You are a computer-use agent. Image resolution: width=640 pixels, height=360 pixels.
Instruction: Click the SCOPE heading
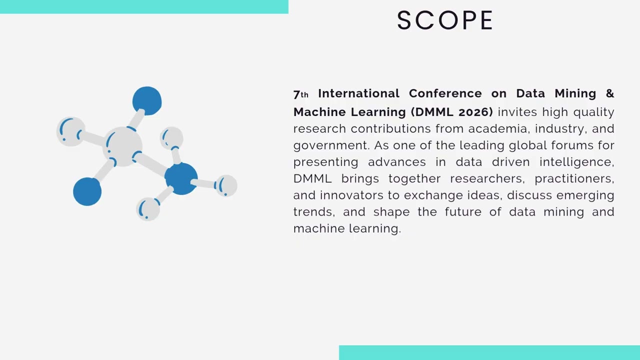[445, 21]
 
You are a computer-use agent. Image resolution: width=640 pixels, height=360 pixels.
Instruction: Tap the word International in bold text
[358, 93]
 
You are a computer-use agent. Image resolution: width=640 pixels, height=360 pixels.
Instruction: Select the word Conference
[445, 93]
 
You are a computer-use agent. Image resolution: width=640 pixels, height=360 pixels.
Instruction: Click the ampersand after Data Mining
[609, 93]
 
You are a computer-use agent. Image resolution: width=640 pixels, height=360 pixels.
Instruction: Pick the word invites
[517, 112]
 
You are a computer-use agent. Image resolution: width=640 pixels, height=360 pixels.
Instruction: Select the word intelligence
[576, 162]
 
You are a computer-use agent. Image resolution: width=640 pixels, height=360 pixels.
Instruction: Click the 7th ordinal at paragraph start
[300, 94]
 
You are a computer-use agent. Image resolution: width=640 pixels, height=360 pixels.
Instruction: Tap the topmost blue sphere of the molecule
[147, 100]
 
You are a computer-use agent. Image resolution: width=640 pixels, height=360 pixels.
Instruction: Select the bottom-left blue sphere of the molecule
[87, 191]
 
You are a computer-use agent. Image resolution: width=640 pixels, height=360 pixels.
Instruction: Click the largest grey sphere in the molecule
[123, 145]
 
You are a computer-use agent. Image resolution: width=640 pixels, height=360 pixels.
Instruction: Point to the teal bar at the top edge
[144, 6]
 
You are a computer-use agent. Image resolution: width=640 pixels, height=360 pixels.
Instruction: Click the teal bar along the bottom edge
[489, 352]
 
